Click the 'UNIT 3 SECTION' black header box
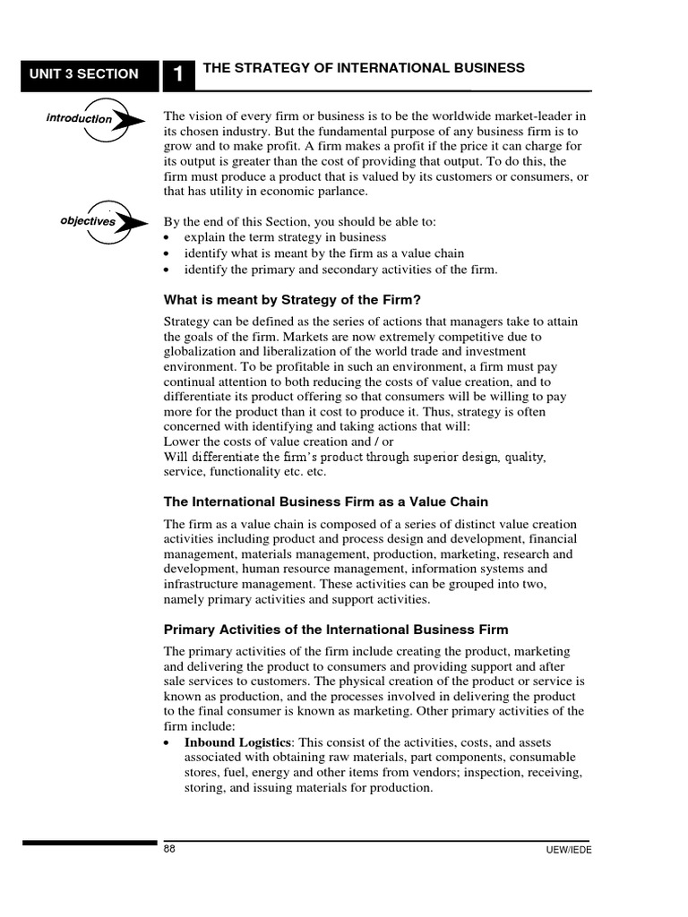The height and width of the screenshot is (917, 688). [x=90, y=74]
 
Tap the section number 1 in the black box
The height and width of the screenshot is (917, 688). [x=178, y=75]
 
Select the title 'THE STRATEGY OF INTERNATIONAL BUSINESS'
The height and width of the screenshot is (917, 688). [x=364, y=68]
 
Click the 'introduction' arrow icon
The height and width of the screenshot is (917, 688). [x=94, y=119]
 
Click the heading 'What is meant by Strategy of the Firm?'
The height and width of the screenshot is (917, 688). [x=292, y=300]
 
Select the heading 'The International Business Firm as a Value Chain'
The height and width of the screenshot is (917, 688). [x=326, y=501]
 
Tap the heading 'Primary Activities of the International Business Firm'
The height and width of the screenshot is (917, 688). [x=336, y=630]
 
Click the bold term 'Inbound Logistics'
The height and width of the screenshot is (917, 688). [x=238, y=742]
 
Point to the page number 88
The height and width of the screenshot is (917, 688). [x=169, y=849]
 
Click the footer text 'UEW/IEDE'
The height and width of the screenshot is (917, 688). [x=568, y=850]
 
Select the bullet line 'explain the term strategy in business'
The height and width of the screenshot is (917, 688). [x=285, y=237]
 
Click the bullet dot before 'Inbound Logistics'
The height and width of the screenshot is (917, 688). [x=169, y=744]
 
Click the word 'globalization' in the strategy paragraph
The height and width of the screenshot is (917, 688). [x=198, y=352]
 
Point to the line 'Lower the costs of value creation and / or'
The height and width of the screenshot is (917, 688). [x=279, y=441]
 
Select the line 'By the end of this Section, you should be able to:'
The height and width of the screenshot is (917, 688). [x=314, y=221]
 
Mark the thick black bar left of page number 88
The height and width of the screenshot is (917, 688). [x=90, y=843]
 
